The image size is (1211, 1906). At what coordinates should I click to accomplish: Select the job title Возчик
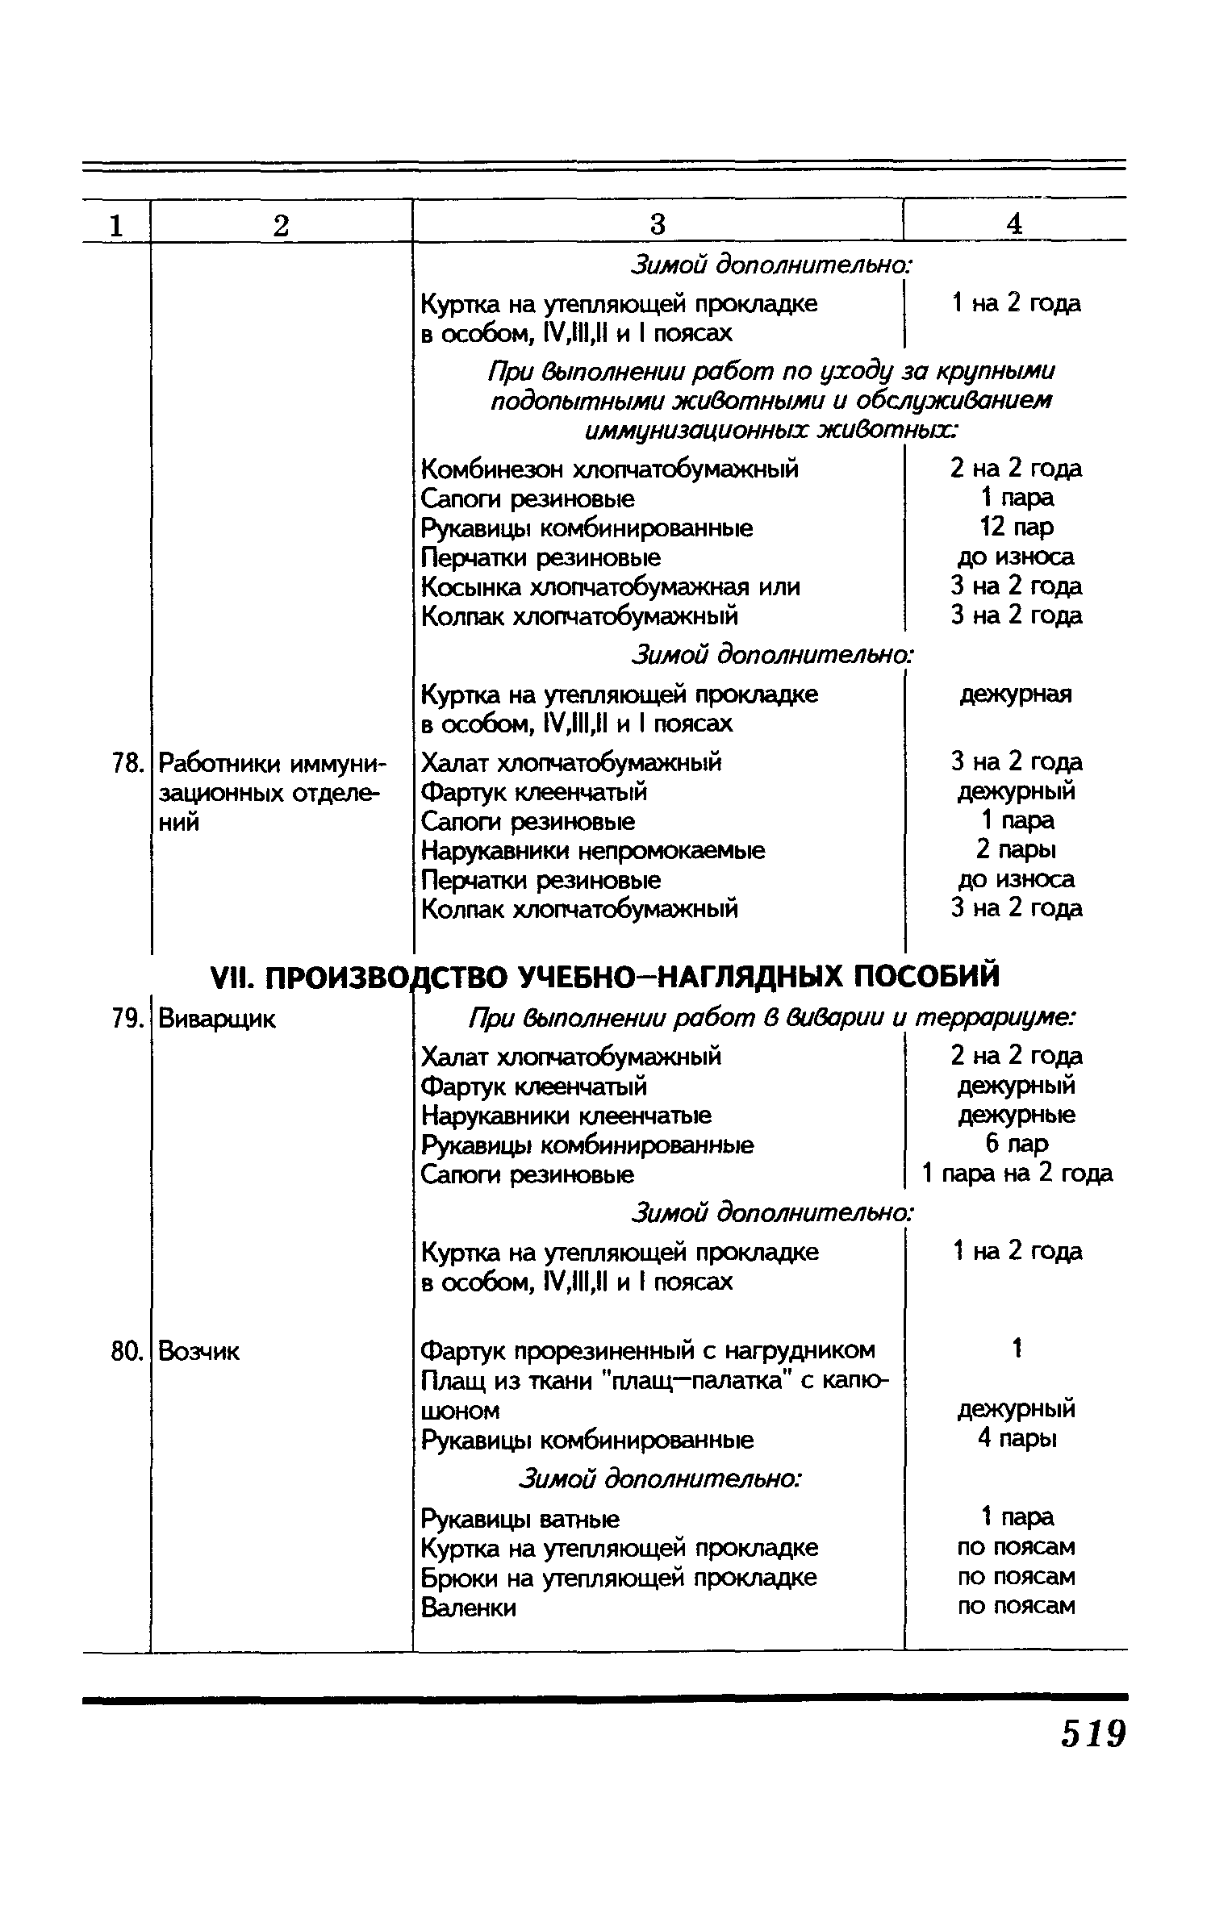199,1351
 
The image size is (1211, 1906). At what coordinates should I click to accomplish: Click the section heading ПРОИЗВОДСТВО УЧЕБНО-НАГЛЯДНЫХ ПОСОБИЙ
604,977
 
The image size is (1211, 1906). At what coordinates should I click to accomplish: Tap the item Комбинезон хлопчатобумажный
610,469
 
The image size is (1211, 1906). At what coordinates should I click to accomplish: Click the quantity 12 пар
1016,528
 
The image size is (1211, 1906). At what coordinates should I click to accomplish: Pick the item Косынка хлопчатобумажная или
611,586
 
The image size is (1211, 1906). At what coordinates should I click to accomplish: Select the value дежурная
1016,694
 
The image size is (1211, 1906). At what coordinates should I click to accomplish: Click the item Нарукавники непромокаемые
593,850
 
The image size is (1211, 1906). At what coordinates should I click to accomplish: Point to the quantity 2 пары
1016,850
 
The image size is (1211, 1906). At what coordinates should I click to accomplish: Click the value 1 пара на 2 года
1017,1174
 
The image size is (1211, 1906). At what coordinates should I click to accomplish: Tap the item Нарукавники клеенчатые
566,1116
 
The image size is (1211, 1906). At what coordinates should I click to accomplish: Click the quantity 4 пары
1016,1439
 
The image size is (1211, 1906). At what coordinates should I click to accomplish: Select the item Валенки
469,1608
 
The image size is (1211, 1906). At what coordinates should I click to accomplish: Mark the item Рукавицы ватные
520,1520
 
